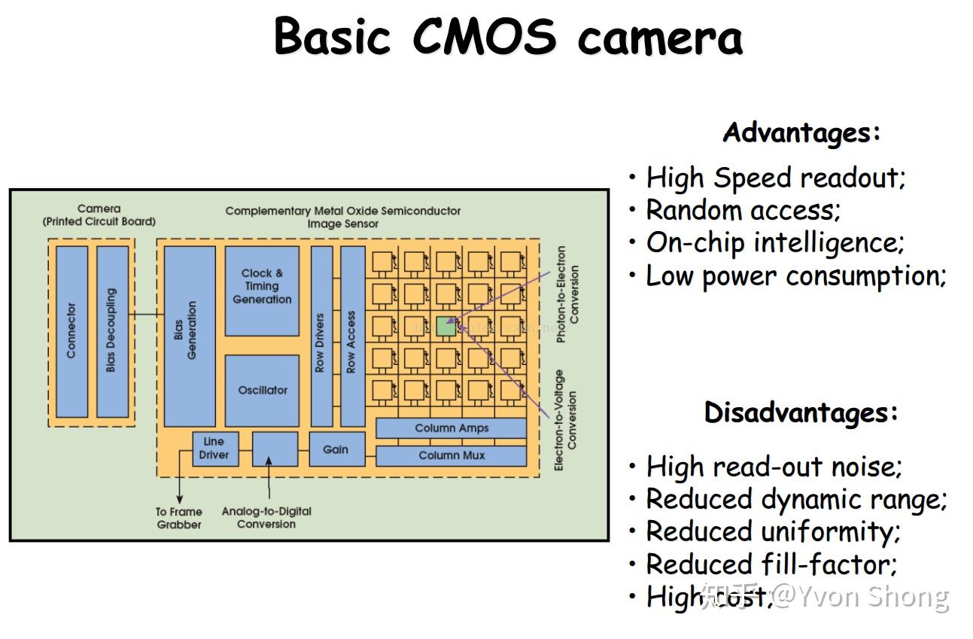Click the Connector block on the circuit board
pos(72,331)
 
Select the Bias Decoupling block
pos(112,331)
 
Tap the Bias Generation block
pos(189,335)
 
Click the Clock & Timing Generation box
pos(262,290)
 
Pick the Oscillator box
pos(262,390)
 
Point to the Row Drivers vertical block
pos(321,336)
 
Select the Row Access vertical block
pos(352,336)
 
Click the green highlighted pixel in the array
pos(445,326)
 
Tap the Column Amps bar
pos(451,428)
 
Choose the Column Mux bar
pos(451,455)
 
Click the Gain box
pos(336,449)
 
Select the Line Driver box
pos(214,449)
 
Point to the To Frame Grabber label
pos(179,518)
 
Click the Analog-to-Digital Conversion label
pos(266,518)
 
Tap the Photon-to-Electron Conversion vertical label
pos(567,295)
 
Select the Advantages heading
pos(801,133)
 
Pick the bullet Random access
pos(742,210)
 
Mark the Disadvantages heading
pos(801,412)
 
